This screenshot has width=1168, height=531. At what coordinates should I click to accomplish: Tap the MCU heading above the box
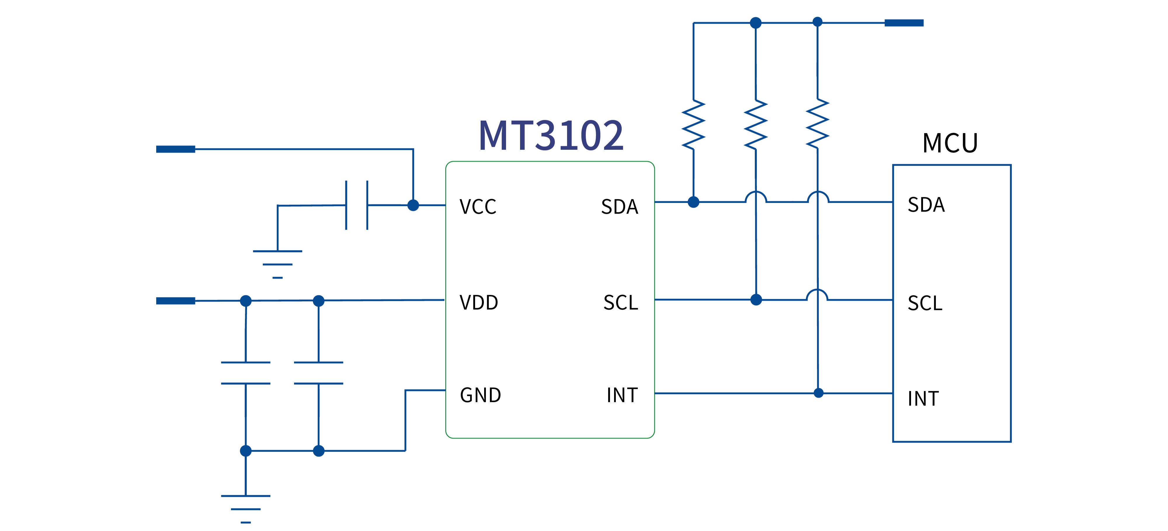coord(950,143)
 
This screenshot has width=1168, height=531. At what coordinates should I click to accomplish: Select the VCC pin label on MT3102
coord(478,207)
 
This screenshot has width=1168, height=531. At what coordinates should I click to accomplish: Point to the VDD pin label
coord(479,303)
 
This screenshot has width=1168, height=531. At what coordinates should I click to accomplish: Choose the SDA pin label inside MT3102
coord(619,207)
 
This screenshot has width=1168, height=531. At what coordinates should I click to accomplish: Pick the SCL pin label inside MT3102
coord(621,303)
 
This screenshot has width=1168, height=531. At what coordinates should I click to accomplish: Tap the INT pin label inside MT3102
coord(622,395)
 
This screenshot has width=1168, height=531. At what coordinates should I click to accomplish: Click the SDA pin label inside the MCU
coord(926,205)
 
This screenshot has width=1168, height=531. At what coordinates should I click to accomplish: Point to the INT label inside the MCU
coord(923,399)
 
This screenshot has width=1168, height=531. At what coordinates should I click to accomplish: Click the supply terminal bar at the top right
coord(904,23)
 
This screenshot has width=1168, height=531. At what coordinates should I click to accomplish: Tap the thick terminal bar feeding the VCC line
coord(175,149)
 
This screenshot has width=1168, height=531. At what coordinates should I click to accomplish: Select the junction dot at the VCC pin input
coord(413,205)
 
